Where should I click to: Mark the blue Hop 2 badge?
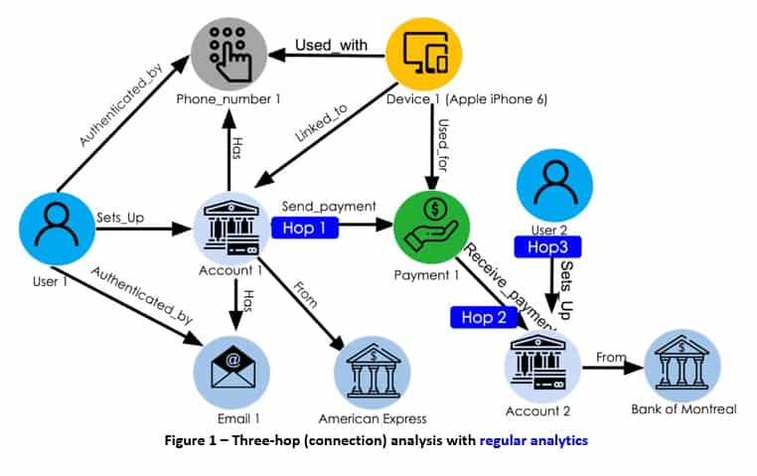(485, 318)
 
